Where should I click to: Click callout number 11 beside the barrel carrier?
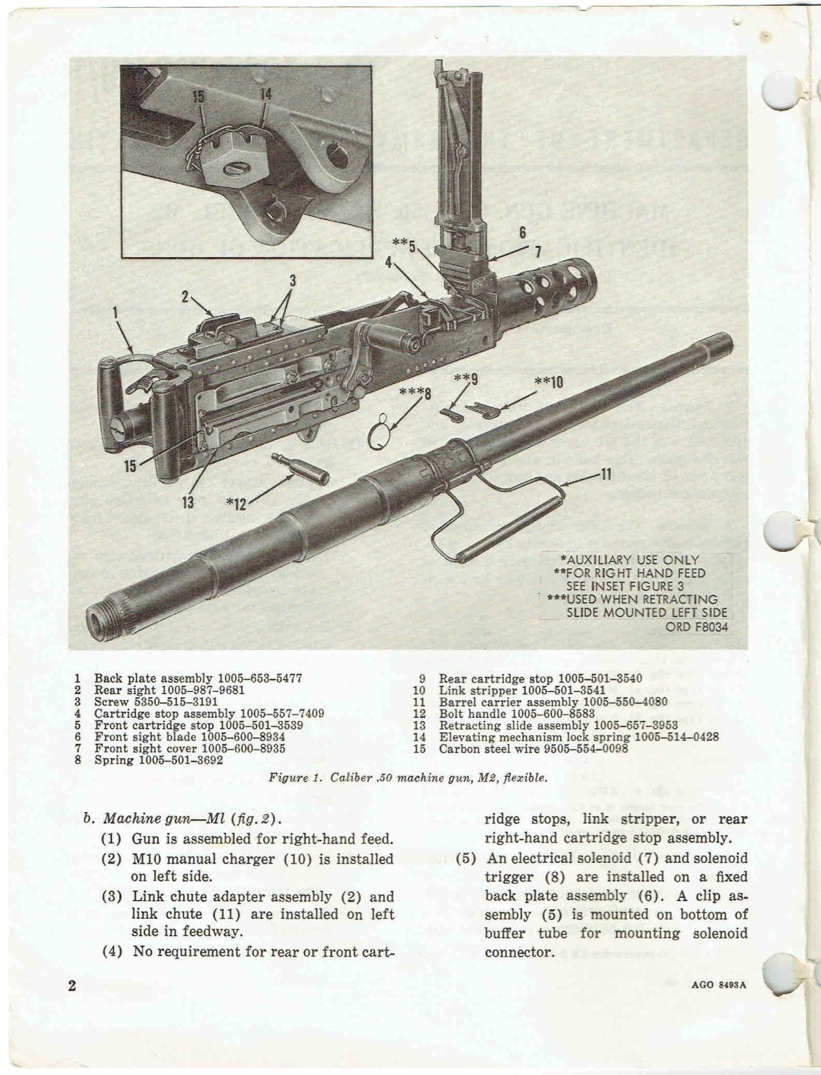604,473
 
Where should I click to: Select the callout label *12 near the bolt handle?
236,505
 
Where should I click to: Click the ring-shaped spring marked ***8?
384,433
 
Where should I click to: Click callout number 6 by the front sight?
523,232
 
